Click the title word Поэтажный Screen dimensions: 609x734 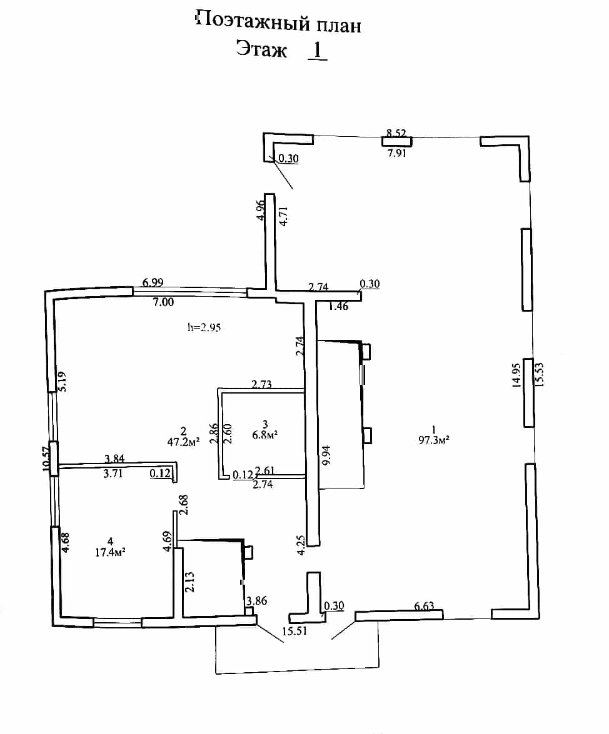pos(253,21)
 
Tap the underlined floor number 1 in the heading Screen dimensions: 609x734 pos(317,50)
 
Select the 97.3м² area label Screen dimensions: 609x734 pos(434,440)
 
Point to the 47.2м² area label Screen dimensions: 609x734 pos(183,442)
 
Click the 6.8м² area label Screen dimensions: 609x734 pos(264,434)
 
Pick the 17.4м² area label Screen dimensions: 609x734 pos(110,552)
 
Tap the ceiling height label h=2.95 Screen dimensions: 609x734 pos(204,327)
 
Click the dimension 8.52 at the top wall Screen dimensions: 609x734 pos(396,133)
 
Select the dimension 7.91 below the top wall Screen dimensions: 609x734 pos(397,152)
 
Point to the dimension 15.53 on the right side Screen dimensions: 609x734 pos(539,374)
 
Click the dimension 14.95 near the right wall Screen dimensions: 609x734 pos(516,375)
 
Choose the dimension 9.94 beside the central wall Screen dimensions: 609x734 pos(326,454)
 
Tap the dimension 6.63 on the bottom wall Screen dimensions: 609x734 pos(424,606)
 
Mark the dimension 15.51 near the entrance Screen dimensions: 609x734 pos(294,631)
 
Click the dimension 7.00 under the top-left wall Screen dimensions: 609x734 pos(163,302)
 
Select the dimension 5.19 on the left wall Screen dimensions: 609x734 pos(62,382)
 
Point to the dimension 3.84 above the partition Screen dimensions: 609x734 pos(114,459)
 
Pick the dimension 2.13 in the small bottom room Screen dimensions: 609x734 pos(189,582)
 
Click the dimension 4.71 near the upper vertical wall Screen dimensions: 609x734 pos(283,216)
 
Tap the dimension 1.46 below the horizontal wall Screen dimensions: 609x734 pos(338,306)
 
